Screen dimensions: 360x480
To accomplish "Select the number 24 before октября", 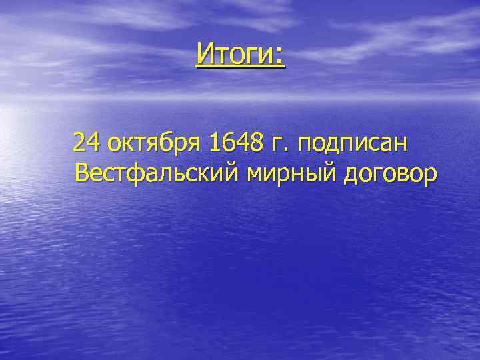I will click(87, 142).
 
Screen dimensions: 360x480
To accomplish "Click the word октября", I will click(154, 143).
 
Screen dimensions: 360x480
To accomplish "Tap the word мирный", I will click(291, 175).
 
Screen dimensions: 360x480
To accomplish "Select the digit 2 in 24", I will click(80, 142).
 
